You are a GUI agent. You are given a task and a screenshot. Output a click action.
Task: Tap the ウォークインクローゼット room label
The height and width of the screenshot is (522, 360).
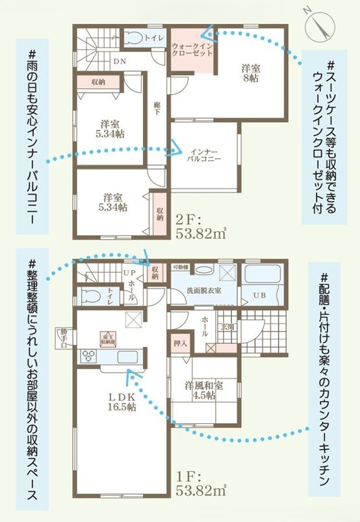[x=192, y=49]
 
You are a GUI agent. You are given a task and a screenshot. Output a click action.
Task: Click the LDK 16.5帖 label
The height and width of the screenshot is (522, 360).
[x=122, y=402]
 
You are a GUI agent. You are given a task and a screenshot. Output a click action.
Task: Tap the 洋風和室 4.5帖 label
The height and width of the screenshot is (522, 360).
[x=203, y=391]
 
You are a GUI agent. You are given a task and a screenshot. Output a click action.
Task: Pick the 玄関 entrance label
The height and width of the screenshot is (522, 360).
[x=228, y=326]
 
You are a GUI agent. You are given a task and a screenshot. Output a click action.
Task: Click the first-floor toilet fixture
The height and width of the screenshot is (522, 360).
[x=92, y=296]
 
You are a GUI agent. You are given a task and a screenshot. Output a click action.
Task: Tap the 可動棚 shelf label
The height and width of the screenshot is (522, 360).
[x=180, y=267]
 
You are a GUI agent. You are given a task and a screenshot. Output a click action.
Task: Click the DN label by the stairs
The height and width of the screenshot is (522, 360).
[x=120, y=61]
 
